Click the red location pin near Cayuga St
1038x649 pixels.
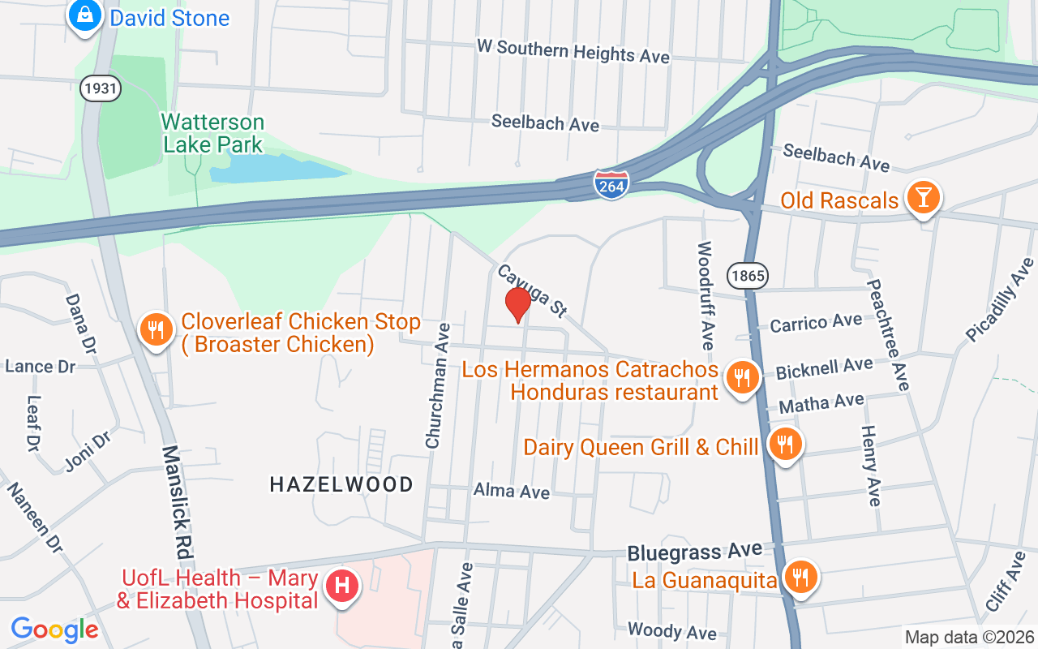[517, 304]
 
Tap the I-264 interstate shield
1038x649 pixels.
[610, 185]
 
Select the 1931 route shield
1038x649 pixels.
[100, 88]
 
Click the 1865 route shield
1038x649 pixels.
[747, 276]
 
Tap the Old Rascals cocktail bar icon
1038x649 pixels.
[923, 197]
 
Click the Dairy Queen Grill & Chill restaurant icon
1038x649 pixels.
[784, 445]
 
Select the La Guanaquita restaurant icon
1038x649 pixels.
[801, 578]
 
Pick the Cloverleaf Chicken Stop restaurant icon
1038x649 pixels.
[154, 330]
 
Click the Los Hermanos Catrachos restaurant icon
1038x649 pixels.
[740, 377]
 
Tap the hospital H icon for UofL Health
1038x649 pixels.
[341, 585]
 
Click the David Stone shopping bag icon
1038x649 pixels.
[84, 15]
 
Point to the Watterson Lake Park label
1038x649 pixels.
[212, 134]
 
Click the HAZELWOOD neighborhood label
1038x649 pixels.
[341, 484]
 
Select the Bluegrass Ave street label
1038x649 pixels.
[694, 552]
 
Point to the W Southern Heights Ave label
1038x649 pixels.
[573, 50]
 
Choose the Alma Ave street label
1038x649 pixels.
[512, 492]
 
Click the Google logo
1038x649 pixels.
[54, 630]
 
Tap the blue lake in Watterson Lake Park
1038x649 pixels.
[276, 168]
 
